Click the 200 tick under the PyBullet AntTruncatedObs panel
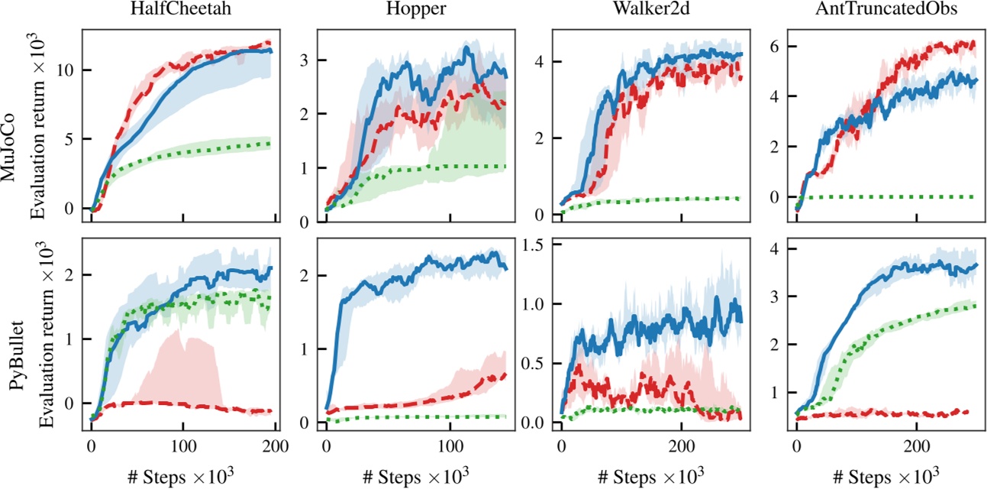(916, 446)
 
